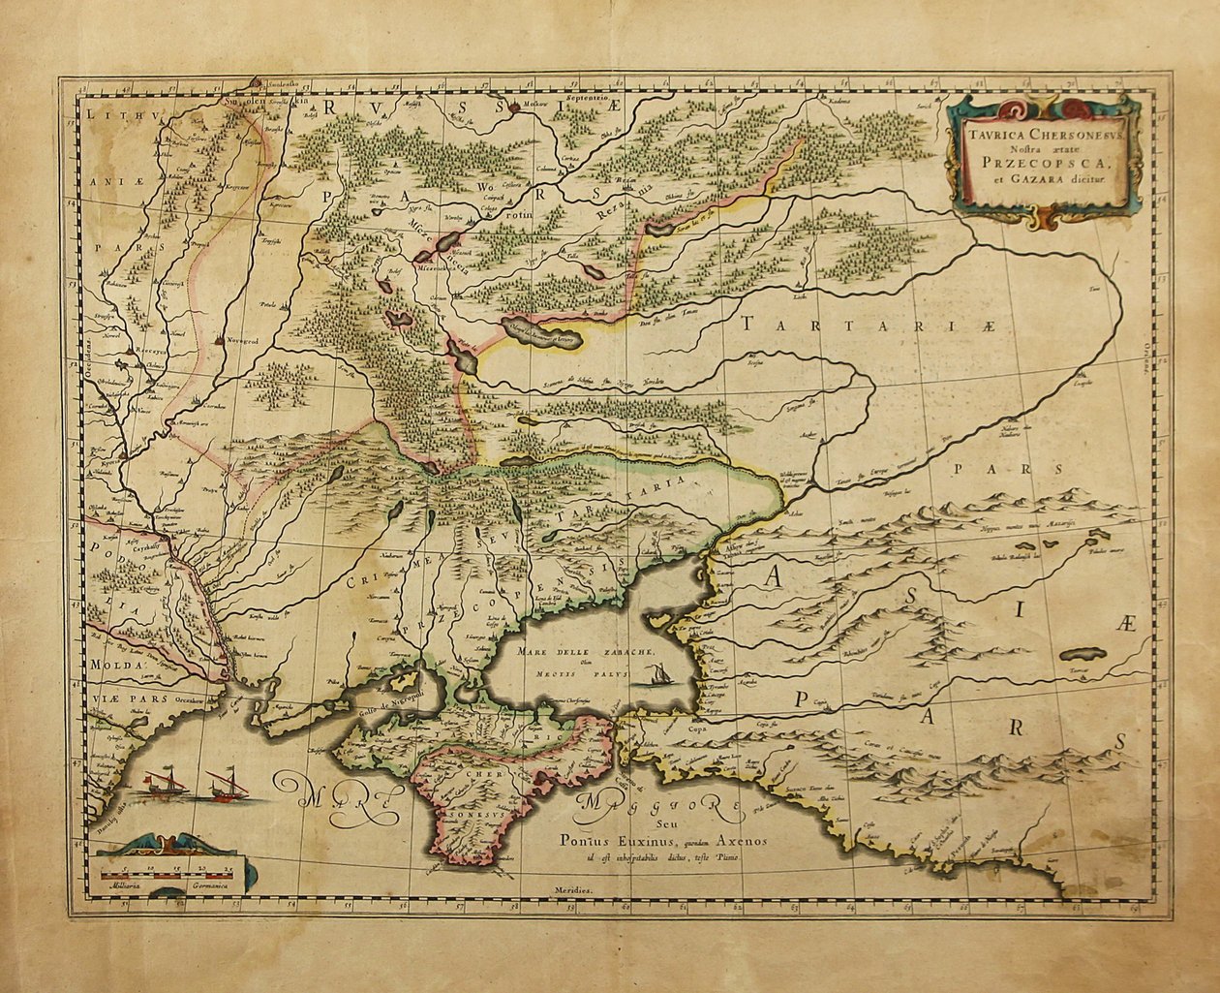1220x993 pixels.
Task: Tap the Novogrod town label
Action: (x=241, y=341)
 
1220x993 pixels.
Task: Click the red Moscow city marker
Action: (x=514, y=108)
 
